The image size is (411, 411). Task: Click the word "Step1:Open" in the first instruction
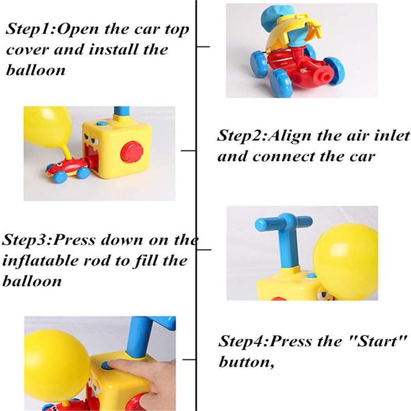pos(52,29)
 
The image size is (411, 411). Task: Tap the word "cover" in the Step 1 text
pos(27,49)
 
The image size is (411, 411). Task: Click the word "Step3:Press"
pos(48,240)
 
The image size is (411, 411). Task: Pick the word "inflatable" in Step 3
pos(41,260)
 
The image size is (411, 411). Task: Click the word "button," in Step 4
pos(247,362)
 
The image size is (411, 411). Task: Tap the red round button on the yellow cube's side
pos(132,152)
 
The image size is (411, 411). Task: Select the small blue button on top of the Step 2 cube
pos(101,124)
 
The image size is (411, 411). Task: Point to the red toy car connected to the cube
pos(68,170)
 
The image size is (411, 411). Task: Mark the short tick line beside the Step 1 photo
pos(203,47)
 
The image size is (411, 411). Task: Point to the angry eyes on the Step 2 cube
pos(91,139)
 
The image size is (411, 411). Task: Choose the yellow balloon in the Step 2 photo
pos(47,127)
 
